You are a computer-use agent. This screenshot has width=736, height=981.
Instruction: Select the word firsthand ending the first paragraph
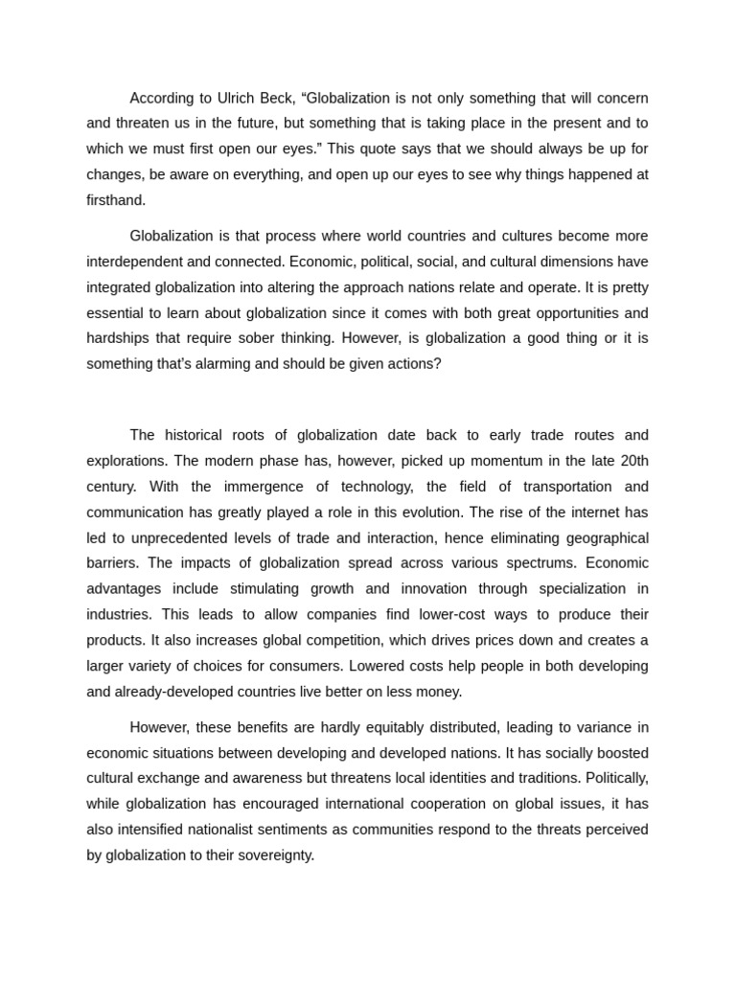116,200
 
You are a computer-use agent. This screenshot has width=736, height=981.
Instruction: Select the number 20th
629,461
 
